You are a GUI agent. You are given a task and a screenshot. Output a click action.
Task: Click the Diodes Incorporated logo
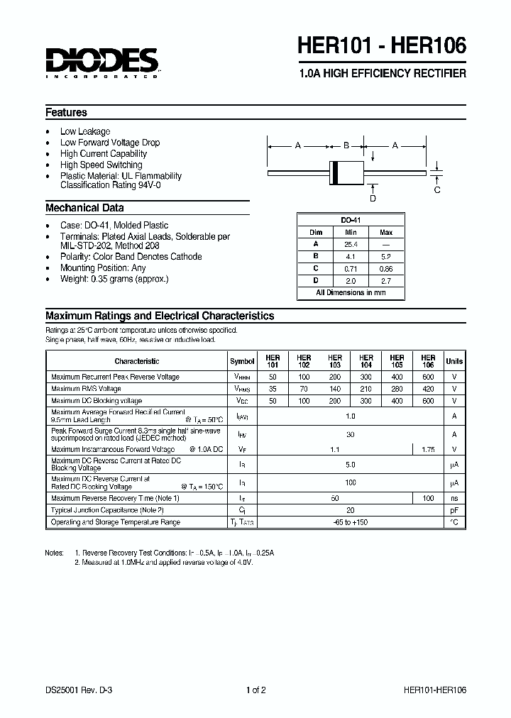pos(101,62)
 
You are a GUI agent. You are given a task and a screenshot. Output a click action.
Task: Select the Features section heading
pos(66,112)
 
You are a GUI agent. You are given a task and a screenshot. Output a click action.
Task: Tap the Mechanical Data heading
pos(84,208)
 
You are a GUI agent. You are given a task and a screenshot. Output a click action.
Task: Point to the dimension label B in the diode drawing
pos(346,145)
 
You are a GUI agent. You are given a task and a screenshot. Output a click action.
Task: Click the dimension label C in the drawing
pos(437,189)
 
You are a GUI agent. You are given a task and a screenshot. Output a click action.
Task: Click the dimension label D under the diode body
pos(373,198)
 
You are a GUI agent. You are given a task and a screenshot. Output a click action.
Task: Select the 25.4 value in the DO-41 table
pos(351,244)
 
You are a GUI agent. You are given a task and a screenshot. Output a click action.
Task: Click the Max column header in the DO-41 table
pos(386,232)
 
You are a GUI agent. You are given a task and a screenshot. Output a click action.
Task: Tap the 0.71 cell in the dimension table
pos(351,268)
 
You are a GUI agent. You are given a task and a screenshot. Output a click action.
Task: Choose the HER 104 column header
pos(366,361)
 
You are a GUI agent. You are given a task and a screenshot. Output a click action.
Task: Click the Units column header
pos(454,361)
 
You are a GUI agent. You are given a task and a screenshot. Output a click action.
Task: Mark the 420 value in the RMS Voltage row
pos(427,389)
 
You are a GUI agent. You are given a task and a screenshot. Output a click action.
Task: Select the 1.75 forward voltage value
pos(427,449)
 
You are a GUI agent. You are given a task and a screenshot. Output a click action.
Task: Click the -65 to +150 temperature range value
pos(350,522)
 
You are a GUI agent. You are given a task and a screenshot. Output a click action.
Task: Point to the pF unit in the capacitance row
pos(454,510)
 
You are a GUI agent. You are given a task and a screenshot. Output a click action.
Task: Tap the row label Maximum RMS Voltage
pos(86,389)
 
